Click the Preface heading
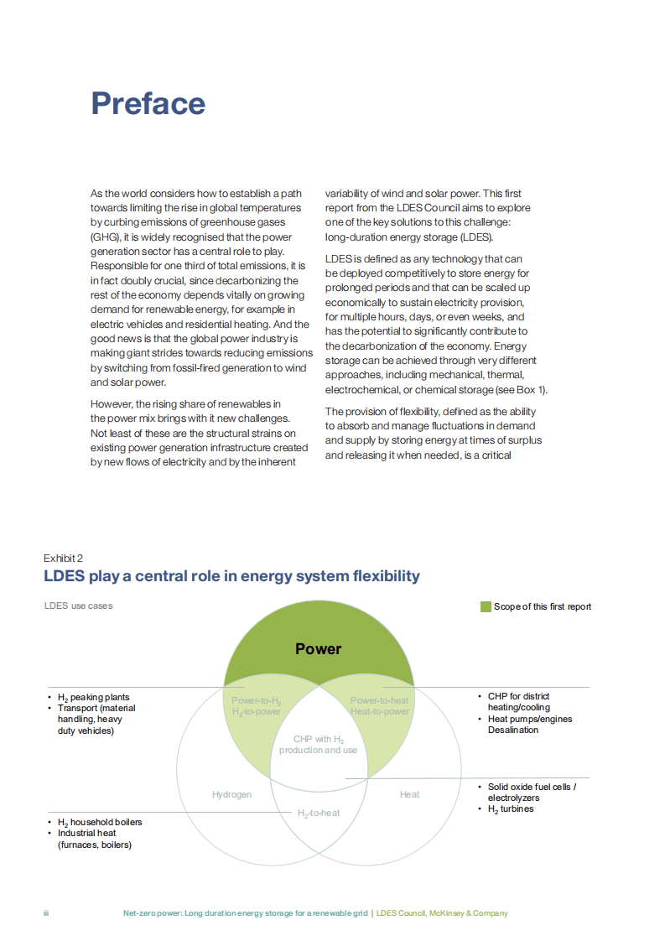point(148,103)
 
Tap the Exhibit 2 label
point(64,558)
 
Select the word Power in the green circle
point(319,648)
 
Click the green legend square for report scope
point(486,606)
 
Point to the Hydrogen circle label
point(231,794)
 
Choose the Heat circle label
point(409,794)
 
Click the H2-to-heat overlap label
point(319,813)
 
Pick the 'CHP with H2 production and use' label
point(319,745)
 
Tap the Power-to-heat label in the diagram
point(380,700)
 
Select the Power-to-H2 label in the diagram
point(257,700)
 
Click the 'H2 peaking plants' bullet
point(93,697)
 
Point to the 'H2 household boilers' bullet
point(99,822)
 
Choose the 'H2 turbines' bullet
point(511,808)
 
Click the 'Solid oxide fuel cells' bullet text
point(533,787)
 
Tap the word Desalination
point(513,730)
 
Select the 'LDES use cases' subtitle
point(78,606)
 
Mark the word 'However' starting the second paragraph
point(112,405)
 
